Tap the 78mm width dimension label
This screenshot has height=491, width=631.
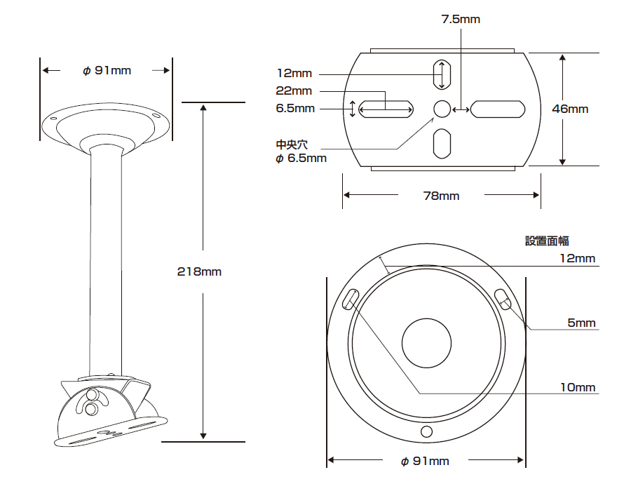pos(442,196)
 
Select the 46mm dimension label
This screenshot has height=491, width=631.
pos(570,109)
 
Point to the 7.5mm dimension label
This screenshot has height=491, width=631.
pos(461,19)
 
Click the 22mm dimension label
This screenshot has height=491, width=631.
pos(294,91)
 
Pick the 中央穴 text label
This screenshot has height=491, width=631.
pos(292,145)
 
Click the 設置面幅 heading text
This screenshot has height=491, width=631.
pos(547,241)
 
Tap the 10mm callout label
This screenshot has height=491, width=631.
pos(578,387)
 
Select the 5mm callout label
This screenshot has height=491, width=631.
pos(581,323)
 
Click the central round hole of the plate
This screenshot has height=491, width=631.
pos(442,109)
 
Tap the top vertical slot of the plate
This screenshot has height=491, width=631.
pos(442,74)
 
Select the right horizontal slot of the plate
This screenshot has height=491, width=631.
pos(498,109)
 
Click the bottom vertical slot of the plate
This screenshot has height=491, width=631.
pos(442,144)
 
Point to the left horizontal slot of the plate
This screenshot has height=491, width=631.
pos(386,109)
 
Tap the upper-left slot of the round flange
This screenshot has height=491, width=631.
pos(350,300)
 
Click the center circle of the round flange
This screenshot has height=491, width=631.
pos(426,343)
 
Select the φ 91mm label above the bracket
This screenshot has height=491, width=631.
pos(107,70)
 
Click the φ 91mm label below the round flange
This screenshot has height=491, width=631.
pos(425,461)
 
